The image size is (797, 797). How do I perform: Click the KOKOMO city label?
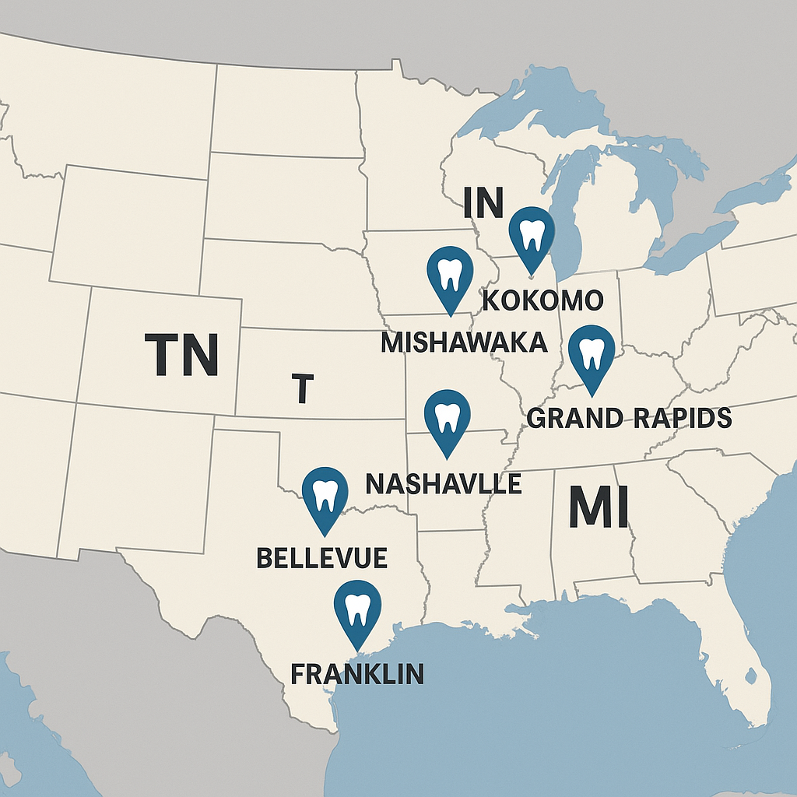(x=542, y=300)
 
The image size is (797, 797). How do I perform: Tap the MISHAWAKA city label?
(x=464, y=342)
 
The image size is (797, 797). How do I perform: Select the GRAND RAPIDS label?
(x=629, y=418)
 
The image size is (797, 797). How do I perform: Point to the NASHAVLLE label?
(x=443, y=484)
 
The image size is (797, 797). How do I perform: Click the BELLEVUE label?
(x=322, y=557)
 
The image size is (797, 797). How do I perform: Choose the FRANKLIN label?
(x=357, y=673)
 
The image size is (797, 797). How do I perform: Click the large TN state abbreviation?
(x=181, y=354)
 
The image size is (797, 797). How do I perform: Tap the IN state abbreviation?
(x=483, y=203)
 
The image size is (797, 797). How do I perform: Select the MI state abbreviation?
(x=597, y=507)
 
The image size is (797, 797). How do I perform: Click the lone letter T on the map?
(x=303, y=388)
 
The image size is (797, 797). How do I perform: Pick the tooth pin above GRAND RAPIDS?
(x=592, y=353)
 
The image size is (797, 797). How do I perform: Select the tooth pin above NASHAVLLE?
(x=447, y=416)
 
